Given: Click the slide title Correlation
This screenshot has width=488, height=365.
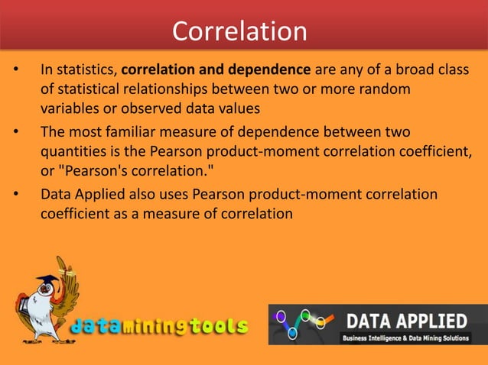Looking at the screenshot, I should pos(239,31).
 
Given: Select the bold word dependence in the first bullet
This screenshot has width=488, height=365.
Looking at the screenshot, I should pos(273,72).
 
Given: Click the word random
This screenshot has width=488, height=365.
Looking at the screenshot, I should pos(391,90).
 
